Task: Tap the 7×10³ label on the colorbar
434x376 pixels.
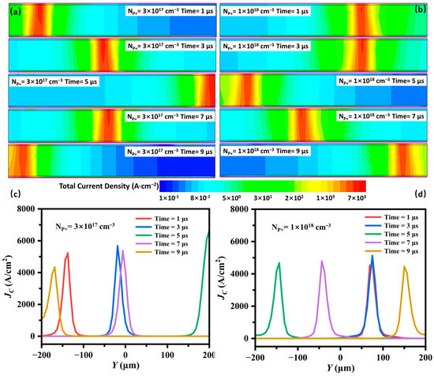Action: [x=354, y=197]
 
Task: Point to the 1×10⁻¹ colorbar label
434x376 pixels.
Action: [x=170, y=197]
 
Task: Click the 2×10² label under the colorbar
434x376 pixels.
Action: [x=293, y=197]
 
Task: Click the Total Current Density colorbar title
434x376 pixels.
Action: [x=108, y=186]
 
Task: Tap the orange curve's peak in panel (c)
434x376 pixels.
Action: [x=54, y=267]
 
